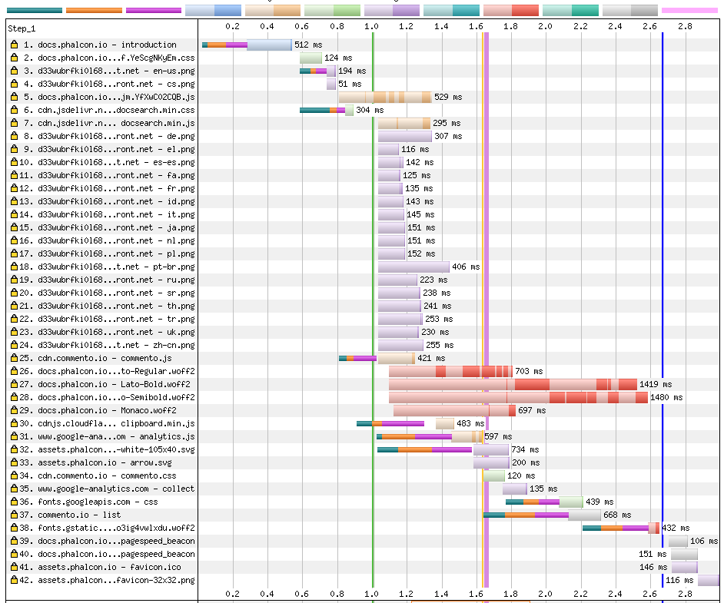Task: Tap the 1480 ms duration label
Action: (666, 397)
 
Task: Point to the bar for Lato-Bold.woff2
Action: (513, 384)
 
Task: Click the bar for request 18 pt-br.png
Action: (413, 267)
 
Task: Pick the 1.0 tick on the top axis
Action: (372, 26)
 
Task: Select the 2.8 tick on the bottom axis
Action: (685, 594)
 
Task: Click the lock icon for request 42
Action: (14, 580)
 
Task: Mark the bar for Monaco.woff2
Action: (454, 410)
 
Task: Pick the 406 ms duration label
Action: (466, 267)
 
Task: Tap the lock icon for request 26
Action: (14, 371)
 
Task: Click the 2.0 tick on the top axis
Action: (546, 26)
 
